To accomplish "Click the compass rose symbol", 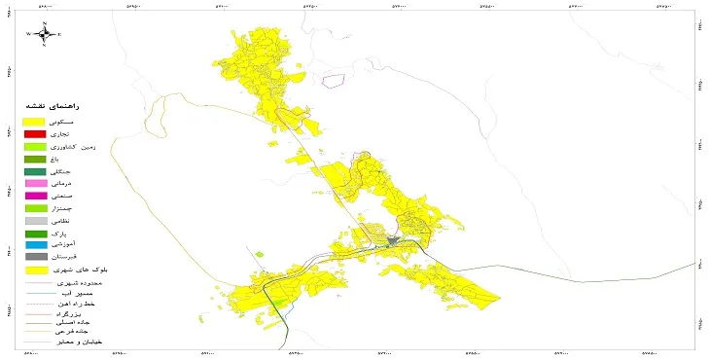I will [45, 34].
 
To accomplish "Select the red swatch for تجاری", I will [35, 133].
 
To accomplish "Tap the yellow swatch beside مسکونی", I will [35, 121].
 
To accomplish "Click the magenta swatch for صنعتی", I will [35, 197].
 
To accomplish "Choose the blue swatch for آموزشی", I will [35, 245].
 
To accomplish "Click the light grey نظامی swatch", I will [35, 221].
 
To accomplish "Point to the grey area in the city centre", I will [392, 239].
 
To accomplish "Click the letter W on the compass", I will [29, 34].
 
